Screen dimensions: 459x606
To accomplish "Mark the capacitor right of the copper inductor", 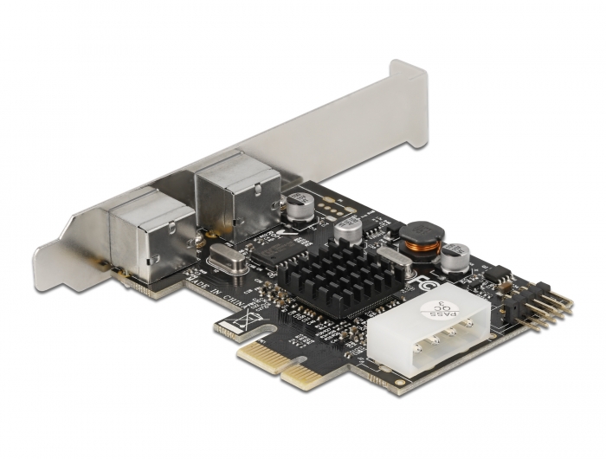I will [456, 257].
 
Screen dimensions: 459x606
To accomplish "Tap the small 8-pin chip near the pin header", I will [496, 275].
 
